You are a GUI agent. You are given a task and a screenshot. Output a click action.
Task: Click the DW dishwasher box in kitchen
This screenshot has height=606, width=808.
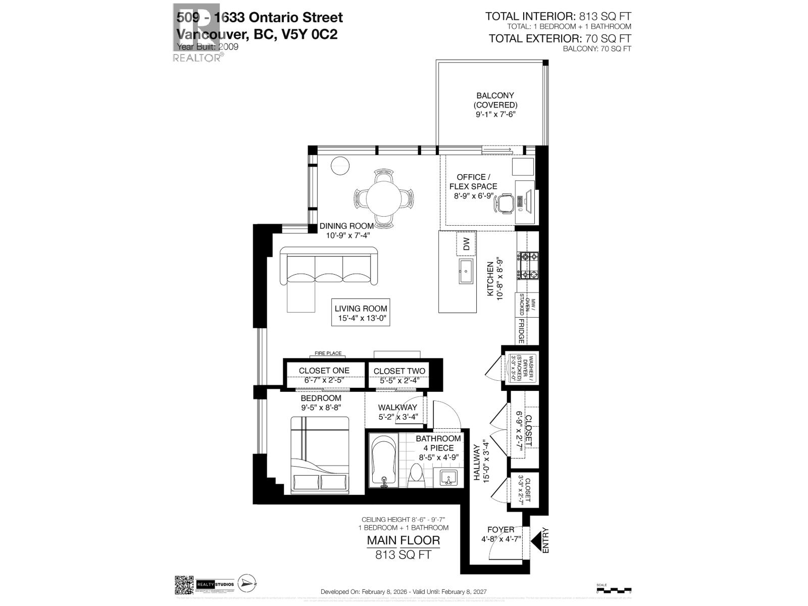pos(466,244)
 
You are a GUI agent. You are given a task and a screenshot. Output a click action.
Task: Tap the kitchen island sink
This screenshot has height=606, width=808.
pos(466,273)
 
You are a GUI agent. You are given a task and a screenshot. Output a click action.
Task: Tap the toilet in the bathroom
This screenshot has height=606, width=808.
pos(416,475)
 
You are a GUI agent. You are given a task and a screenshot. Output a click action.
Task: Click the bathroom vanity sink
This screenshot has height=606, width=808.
pos(447,477)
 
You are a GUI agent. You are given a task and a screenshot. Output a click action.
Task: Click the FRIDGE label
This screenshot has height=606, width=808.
pos(521,331)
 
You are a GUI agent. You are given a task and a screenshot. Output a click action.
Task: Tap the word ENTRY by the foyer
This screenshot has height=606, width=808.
pos(545,540)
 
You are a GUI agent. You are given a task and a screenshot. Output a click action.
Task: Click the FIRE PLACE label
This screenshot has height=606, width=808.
pos(328,353)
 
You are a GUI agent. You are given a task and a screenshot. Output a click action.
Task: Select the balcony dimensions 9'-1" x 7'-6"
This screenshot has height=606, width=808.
pos(495,115)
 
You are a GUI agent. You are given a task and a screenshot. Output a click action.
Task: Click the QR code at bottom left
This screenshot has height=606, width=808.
pos(184,585)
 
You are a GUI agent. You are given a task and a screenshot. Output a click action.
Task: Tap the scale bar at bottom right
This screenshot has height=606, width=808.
pos(614,589)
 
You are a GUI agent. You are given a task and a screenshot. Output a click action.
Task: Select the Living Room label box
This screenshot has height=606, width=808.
pos(361,313)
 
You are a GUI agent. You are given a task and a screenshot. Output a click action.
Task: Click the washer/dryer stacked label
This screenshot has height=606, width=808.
pos(519,368)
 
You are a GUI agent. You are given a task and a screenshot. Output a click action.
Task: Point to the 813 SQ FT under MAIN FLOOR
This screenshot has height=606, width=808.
pos(403,554)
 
